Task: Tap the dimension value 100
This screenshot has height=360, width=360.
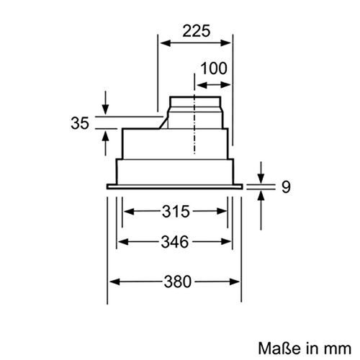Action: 214,69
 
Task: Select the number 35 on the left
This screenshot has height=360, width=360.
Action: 80,122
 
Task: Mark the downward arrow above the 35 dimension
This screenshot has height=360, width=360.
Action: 106,108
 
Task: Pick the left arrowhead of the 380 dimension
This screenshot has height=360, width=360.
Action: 112,282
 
